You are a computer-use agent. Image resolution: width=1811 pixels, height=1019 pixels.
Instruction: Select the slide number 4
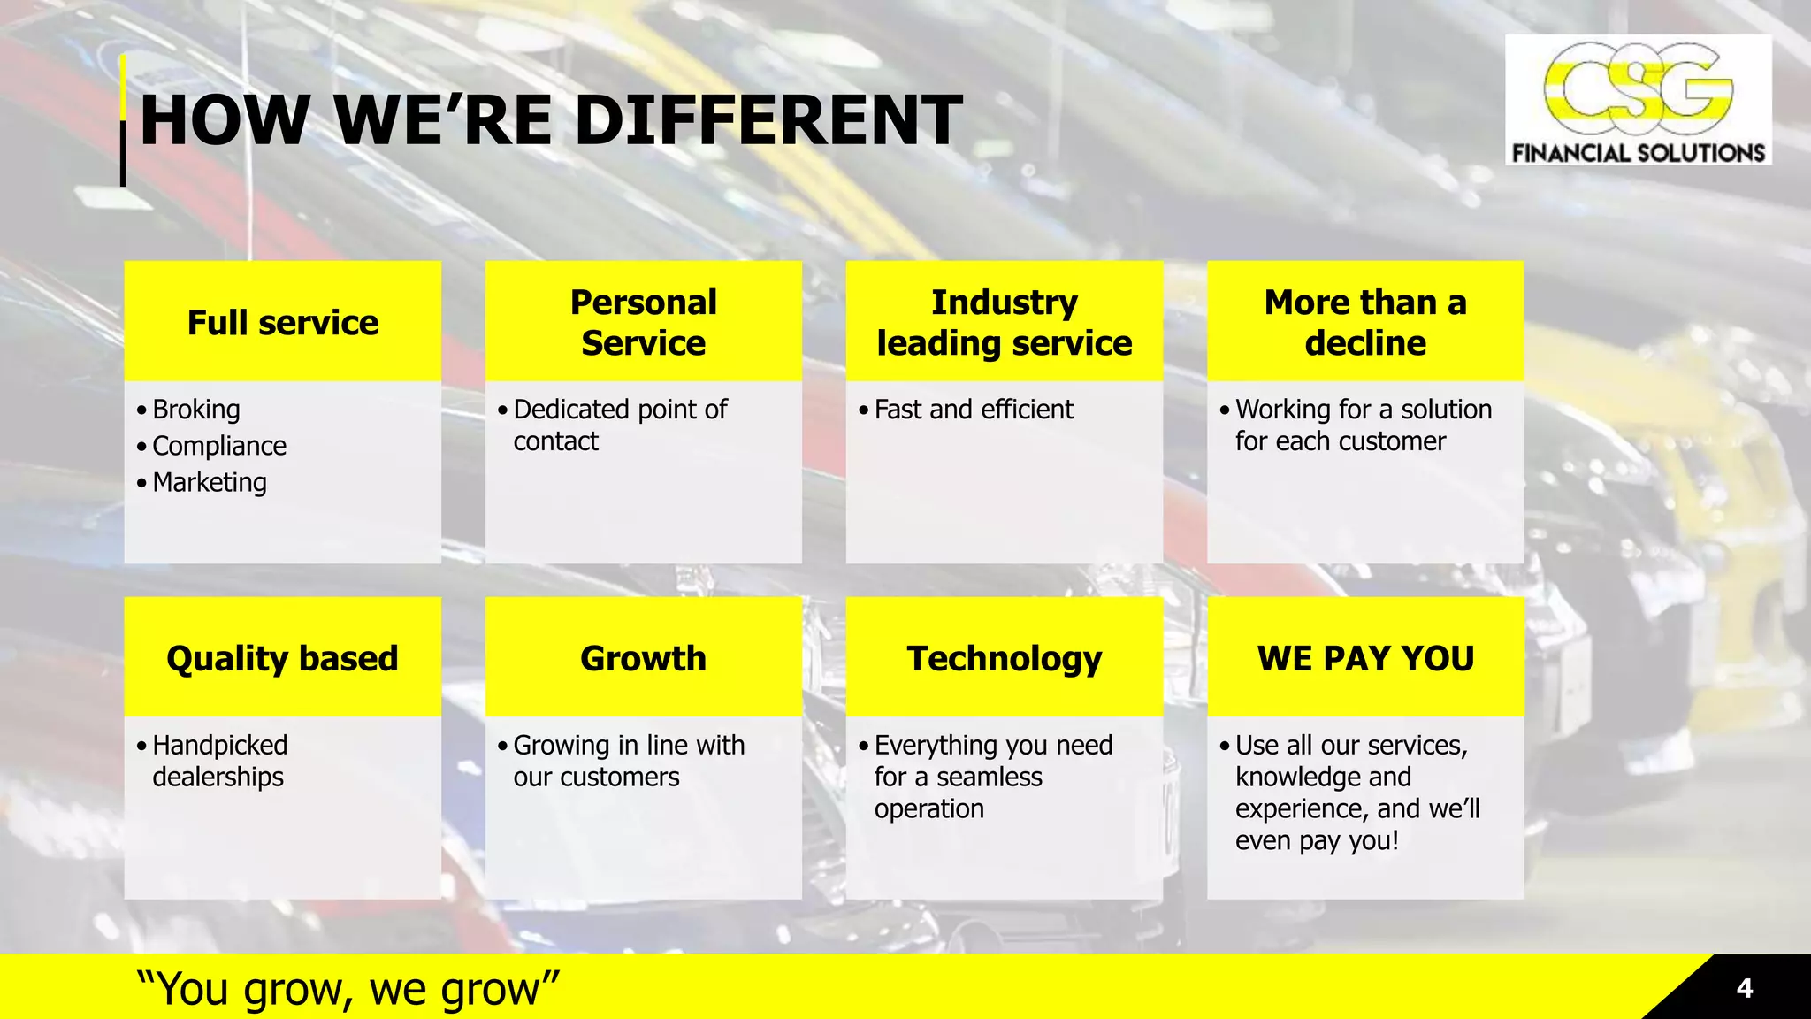point(1744,988)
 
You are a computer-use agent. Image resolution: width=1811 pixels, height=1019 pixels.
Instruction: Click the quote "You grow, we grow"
point(348,988)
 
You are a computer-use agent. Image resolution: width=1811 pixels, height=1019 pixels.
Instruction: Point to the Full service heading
point(283,323)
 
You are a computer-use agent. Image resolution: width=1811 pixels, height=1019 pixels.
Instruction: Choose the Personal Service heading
point(644,323)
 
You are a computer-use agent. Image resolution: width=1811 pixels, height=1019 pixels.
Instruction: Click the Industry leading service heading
point(1005,323)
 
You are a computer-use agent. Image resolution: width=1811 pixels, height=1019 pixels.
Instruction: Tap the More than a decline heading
point(1365,323)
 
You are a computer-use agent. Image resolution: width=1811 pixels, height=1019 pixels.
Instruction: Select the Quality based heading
point(283,659)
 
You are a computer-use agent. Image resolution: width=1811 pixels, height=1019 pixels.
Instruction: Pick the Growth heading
point(644,659)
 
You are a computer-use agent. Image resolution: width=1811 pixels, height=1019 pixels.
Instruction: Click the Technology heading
point(1005,659)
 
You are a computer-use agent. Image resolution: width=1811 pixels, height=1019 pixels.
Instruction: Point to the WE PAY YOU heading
point(1365,659)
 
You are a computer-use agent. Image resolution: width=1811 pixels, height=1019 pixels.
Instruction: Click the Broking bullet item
point(196,410)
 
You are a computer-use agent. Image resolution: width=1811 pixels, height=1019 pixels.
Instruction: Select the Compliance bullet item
point(219,446)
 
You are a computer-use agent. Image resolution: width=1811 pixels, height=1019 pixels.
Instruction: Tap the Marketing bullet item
point(210,482)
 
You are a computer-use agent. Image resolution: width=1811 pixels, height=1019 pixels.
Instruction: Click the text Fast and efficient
point(974,410)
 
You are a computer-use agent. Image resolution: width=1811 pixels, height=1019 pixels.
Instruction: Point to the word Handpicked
point(220,746)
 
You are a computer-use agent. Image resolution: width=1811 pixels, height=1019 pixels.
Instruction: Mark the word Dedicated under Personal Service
point(571,410)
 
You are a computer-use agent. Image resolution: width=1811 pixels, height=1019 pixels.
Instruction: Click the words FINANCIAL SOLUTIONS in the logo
point(1638,153)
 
